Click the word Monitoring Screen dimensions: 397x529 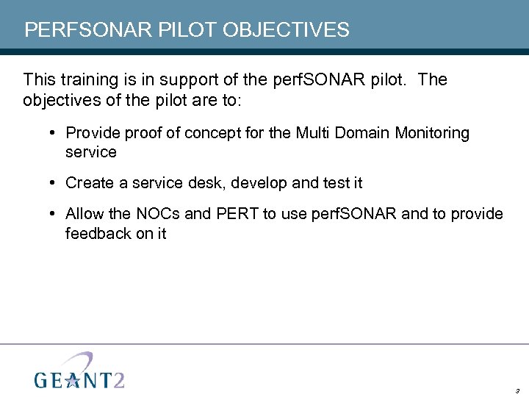click(432, 133)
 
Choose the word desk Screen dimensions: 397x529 click(208, 182)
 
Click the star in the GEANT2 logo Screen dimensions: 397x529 click(73, 379)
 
